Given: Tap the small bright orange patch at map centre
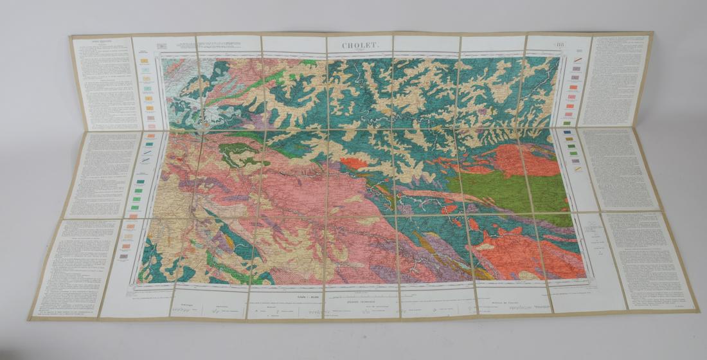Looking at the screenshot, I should pos(353,163).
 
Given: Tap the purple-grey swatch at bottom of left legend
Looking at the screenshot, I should pos(123,256).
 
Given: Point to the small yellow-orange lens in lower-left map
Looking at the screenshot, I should pos(228,241).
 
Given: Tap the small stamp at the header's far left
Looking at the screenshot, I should pos(161,46).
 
